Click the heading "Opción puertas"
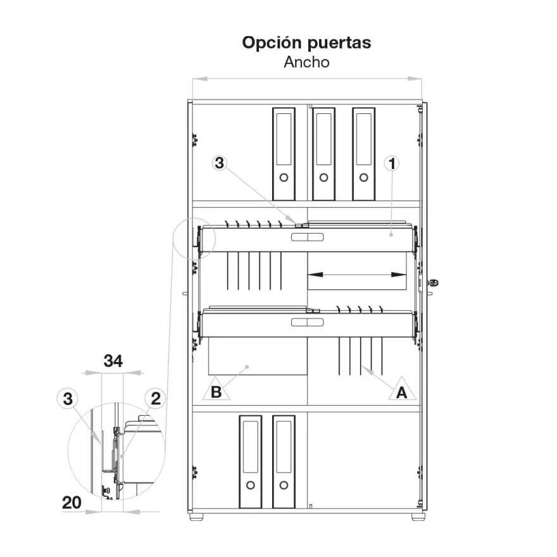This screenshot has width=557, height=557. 306,42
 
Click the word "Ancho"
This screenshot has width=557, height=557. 306,62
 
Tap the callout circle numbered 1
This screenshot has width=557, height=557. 392,163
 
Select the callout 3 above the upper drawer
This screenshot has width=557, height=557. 220,163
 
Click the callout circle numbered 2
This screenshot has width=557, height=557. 156,399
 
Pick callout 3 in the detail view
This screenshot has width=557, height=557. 68,399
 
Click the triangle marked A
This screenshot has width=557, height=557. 402,389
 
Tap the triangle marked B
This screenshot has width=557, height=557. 216,389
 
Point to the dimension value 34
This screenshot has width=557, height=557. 113,361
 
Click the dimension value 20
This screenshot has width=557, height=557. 72,503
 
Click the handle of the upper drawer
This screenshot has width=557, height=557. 307,237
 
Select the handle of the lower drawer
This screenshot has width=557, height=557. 307,322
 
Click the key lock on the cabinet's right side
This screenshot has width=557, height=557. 434,283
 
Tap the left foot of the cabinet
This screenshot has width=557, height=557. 196,516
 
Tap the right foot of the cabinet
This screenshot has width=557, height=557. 418,516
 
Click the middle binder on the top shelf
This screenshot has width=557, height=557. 323,154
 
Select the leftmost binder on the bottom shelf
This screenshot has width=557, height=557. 251,462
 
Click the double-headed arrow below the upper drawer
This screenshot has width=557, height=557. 357,275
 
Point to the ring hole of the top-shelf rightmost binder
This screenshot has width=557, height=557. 364,177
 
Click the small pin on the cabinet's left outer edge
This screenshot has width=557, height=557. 185,294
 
